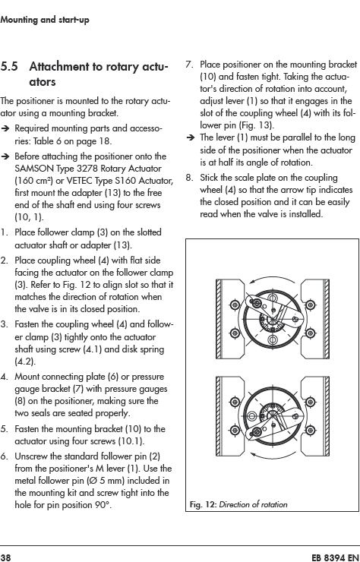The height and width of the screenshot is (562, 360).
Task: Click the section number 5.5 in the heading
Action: pyautogui.click(x=9, y=67)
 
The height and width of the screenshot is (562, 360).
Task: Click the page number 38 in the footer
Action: pyautogui.click(x=6, y=557)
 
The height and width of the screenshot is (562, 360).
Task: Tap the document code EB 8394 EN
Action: pyautogui.click(x=335, y=557)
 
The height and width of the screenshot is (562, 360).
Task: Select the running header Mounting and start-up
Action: pyautogui.click(x=45, y=20)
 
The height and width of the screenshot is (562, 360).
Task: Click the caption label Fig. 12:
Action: pyautogui.click(x=203, y=504)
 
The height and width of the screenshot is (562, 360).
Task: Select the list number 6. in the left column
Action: pyautogui.click(x=5, y=456)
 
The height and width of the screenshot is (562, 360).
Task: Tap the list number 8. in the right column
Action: pyautogui.click(x=190, y=178)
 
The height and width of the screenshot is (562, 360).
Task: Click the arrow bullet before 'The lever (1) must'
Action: pyautogui.click(x=191, y=137)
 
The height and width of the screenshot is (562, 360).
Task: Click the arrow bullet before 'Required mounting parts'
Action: pyautogui.click(x=5, y=128)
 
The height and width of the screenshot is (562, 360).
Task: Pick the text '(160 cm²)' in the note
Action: pyautogui.click(x=33, y=181)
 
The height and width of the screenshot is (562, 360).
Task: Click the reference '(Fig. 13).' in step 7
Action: pyautogui.click(x=257, y=125)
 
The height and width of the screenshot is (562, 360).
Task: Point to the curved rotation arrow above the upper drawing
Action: pyautogui.click(x=271, y=277)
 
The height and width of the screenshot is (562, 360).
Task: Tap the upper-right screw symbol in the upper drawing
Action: pyautogui.click(x=310, y=305)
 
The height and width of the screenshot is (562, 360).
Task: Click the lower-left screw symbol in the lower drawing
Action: pyautogui.click(x=235, y=429)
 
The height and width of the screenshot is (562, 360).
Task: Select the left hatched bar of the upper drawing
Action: pyautogui.click(x=219, y=319)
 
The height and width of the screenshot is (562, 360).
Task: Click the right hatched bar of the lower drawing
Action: pyautogui.click(x=327, y=416)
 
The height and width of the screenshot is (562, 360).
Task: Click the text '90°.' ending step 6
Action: pyautogui.click(x=103, y=505)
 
